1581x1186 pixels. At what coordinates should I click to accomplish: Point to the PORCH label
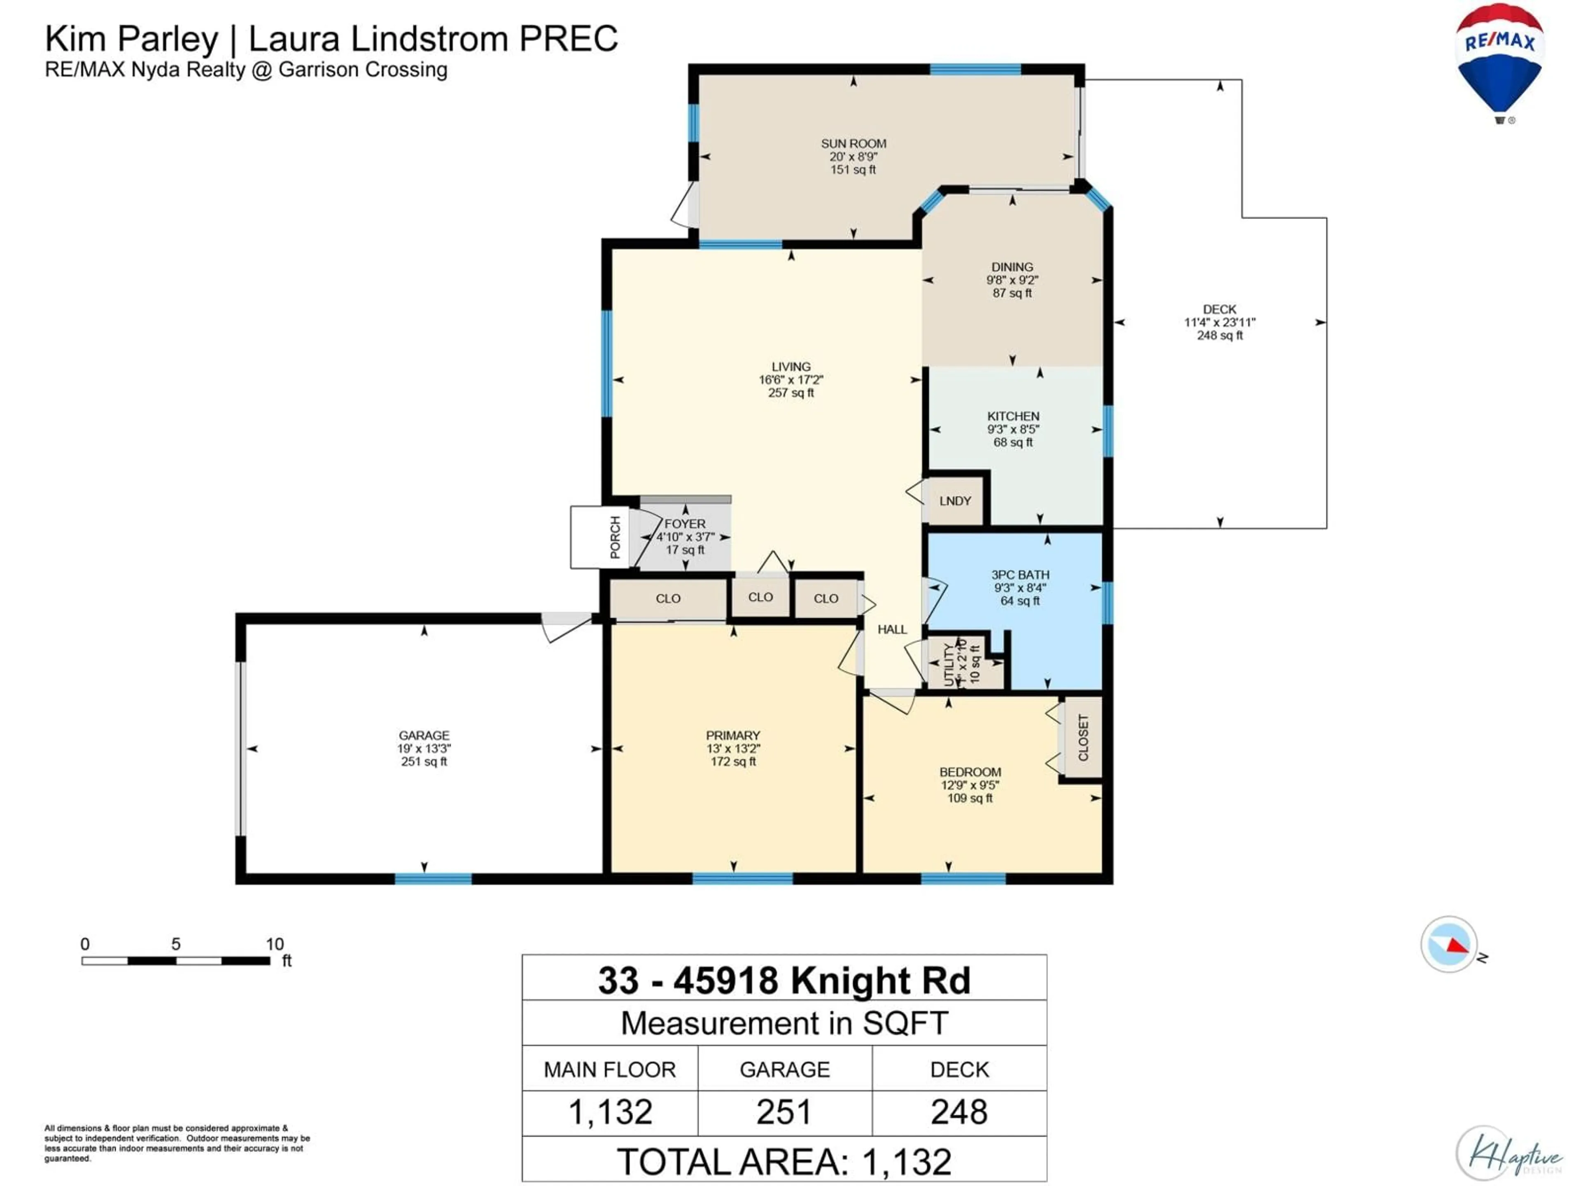click(615, 537)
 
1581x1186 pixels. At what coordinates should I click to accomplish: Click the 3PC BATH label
click(1020, 575)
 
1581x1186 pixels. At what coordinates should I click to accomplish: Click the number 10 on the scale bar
click(275, 944)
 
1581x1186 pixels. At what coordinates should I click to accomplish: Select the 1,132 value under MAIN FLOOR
click(610, 1112)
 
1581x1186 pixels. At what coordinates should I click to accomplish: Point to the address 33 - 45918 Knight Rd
click(784, 980)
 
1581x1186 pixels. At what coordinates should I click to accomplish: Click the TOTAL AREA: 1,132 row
click(784, 1162)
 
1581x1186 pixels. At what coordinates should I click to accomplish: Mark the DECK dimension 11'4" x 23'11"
click(1220, 322)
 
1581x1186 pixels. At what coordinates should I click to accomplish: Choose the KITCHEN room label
click(1013, 416)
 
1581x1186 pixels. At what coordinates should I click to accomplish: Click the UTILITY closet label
click(949, 664)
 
